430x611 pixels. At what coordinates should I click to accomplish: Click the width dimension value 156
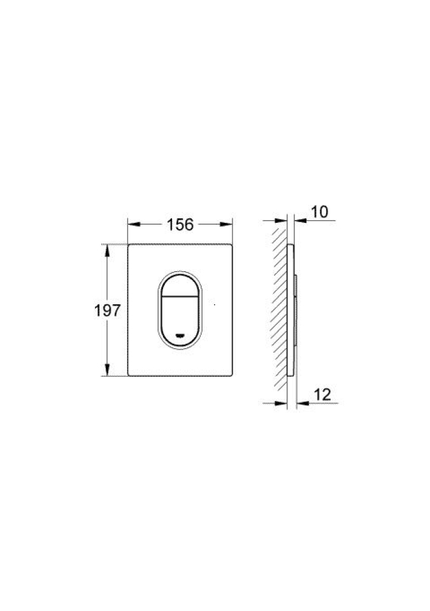coord(180,225)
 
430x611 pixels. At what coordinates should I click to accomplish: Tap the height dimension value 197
coord(107,311)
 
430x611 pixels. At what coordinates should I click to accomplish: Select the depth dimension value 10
coord(320,212)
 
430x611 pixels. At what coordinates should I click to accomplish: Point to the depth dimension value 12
coord(322,395)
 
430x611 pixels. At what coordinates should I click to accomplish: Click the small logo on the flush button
coord(180,334)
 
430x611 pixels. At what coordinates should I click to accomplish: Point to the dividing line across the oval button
coord(180,297)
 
